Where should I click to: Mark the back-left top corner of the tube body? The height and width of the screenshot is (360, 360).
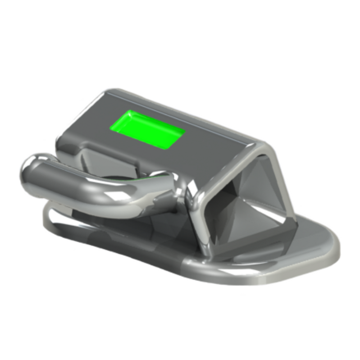pos(108,92)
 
